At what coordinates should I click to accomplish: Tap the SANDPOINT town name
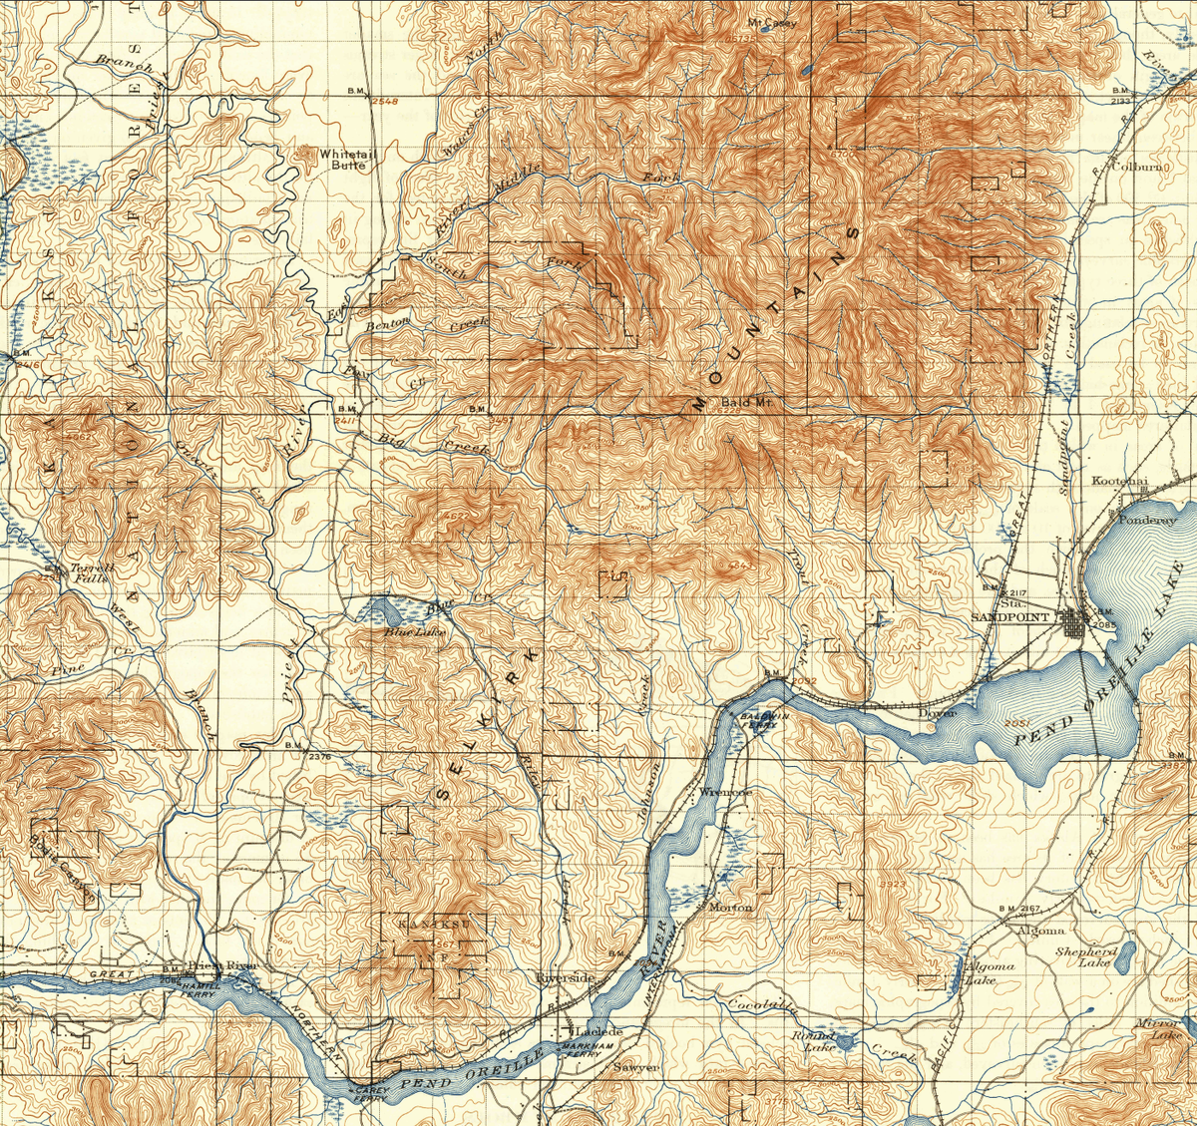pyautogui.click(x=1010, y=617)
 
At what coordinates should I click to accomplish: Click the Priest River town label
pyautogui.click(x=221, y=965)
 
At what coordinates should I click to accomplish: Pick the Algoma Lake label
pyautogui.click(x=990, y=972)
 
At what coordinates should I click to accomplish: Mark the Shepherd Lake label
pyautogui.click(x=1086, y=957)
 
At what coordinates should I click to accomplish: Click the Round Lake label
pyautogui.click(x=813, y=1041)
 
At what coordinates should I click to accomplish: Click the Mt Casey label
pyautogui.click(x=772, y=23)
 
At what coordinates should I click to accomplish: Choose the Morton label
pyautogui.click(x=730, y=908)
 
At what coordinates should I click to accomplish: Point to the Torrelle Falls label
pyautogui.click(x=92, y=572)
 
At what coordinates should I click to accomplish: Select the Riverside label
pyautogui.click(x=566, y=977)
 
